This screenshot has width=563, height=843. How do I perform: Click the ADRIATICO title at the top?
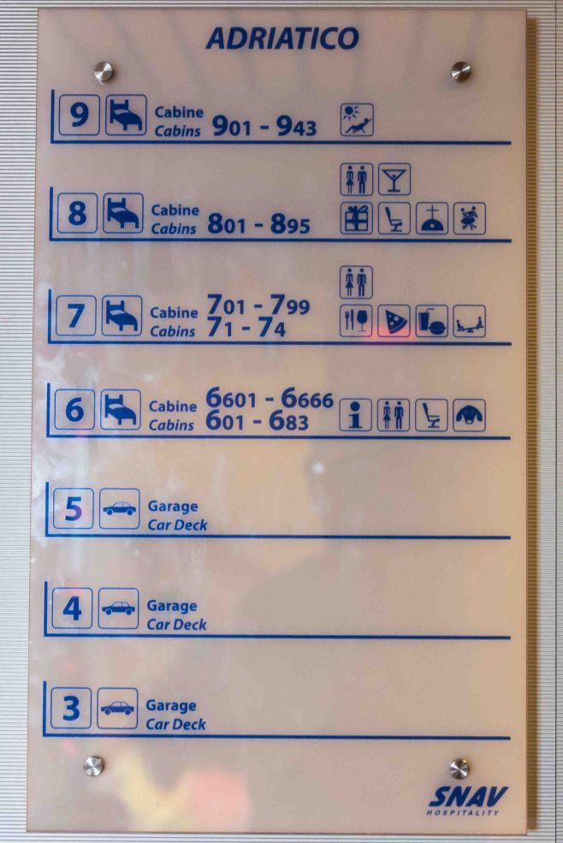click(282, 39)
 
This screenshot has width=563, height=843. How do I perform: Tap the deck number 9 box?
click(79, 115)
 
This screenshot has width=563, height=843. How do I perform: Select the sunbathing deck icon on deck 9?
click(357, 119)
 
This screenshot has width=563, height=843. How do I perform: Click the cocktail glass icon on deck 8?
click(394, 179)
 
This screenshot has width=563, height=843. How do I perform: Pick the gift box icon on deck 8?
click(356, 218)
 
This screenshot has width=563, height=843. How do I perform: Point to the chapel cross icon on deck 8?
click(432, 218)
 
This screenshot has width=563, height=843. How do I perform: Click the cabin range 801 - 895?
click(258, 223)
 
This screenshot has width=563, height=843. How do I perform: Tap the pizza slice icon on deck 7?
click(394, 321)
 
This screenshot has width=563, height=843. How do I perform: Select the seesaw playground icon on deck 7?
click(469, 321)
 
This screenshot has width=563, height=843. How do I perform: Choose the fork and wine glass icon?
click(355, 321)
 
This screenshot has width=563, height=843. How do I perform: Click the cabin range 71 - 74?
click(246, 328)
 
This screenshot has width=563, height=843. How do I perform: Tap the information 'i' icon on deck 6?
click(355, 415)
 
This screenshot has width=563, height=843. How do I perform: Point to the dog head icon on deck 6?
click(469, 415)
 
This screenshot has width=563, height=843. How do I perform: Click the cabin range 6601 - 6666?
click(270, 398)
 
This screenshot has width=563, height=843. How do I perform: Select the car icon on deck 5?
click(120, 508)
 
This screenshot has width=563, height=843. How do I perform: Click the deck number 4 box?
click(72, 609)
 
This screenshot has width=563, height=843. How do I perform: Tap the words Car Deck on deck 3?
click(176, 724)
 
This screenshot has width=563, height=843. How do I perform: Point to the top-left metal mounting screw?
click(104, 72)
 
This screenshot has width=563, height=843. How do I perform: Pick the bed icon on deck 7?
click(121, 316)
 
